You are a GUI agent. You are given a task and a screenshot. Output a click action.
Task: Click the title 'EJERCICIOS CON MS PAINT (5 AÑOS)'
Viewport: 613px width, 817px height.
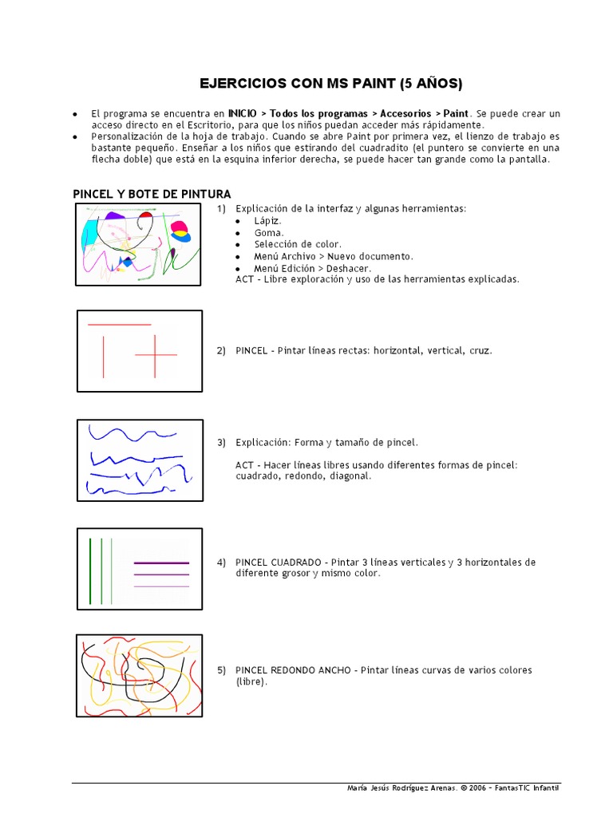pos(330,84)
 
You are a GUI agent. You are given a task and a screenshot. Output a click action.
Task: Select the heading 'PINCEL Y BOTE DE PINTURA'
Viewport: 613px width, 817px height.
pos(152,194)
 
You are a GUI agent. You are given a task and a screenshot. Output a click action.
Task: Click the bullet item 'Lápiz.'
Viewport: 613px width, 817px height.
pos(268,220)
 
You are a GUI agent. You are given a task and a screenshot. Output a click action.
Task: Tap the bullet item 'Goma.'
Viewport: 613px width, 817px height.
pos(269,232)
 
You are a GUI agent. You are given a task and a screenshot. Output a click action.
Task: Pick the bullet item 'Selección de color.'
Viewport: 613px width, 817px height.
pos(298,244)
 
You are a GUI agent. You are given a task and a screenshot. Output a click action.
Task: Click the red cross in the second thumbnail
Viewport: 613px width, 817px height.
pos(156,353)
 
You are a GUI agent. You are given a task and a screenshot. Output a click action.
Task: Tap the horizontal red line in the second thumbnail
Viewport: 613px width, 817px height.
pos(119,325)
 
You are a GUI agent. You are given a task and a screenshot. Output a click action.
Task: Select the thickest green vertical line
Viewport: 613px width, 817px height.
pos(91,570)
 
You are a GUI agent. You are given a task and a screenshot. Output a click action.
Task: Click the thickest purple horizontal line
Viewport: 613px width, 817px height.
pos(161,562)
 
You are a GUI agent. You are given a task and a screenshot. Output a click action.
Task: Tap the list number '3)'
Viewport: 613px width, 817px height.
pos(221,442)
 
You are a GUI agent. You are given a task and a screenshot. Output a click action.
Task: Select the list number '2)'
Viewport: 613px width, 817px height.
pos(221,350)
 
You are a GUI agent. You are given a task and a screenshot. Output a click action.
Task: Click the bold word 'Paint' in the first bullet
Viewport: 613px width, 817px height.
pos(457,114)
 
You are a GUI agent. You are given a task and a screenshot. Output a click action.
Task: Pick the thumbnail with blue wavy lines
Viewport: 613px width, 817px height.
pos(140,460)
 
